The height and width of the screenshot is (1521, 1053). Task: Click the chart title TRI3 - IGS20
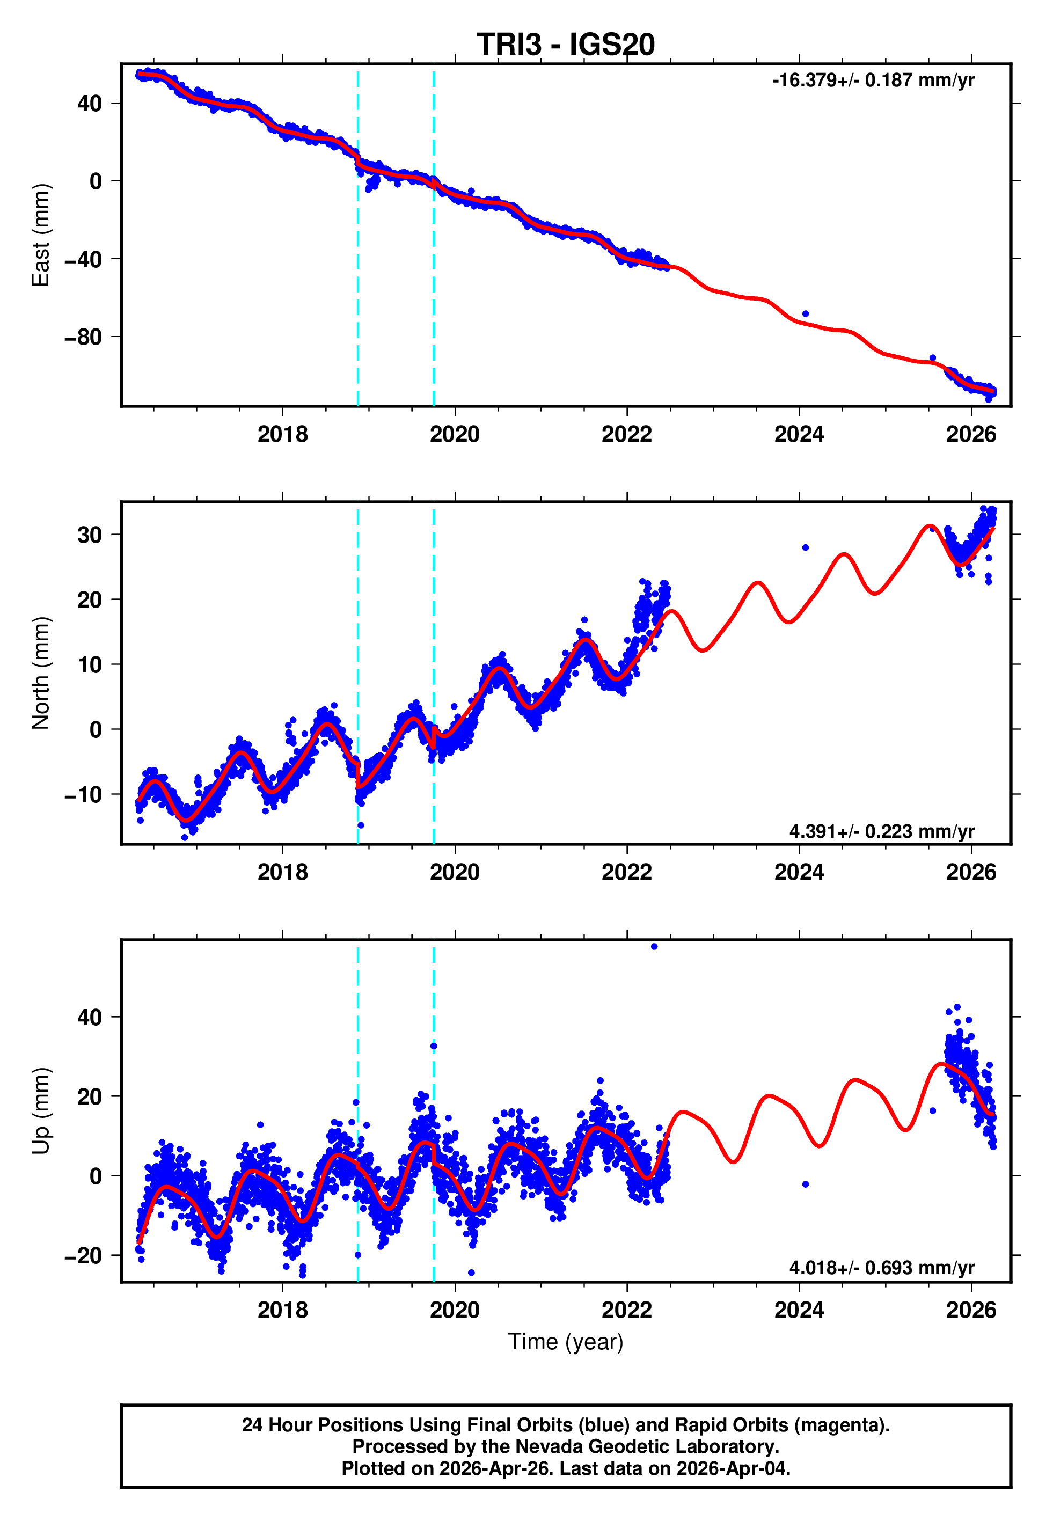click(x=566, y=45)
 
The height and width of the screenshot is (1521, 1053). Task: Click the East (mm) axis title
click(x=41, y=235)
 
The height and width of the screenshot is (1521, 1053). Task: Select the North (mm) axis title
click(x=41, y=673)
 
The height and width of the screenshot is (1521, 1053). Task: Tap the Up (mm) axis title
click(x=41, y=1111)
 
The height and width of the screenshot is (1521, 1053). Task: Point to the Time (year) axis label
click(x=566, y=1342)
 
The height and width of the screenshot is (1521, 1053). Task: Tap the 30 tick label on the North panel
click(x=90, y=535)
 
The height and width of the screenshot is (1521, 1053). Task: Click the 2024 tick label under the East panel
click(x=799, y=434)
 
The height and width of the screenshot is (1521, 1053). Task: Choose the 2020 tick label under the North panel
click(x=455, y=872)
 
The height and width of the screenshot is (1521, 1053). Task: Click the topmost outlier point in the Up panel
click(x=654, y=947)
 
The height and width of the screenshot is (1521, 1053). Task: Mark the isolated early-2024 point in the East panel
click(x=806, y=313)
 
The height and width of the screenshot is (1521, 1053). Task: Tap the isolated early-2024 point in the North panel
click(x=806, y=547)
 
